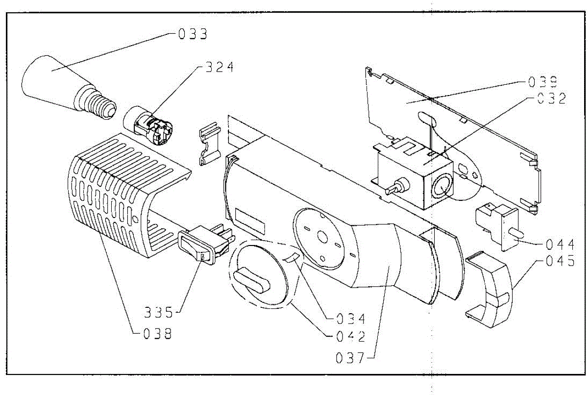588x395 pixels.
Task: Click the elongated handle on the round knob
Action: click(x=252, y=281)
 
